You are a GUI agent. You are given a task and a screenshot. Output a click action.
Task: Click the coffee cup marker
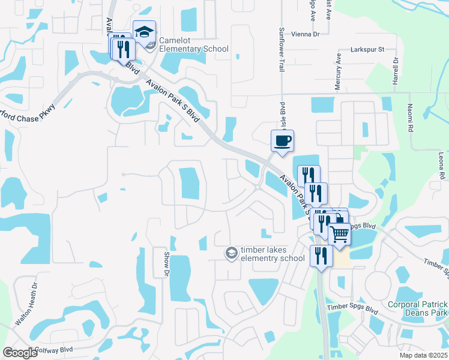point(282,141)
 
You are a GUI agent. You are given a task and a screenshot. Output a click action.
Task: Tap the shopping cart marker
point(339,234)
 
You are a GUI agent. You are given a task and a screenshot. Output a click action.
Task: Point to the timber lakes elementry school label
point(273,254)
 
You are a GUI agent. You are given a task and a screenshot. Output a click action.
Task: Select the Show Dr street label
point(166,264)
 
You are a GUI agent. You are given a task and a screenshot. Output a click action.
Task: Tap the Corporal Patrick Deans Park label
point(418,308)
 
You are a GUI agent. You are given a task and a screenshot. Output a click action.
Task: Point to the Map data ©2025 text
point(423,355)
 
